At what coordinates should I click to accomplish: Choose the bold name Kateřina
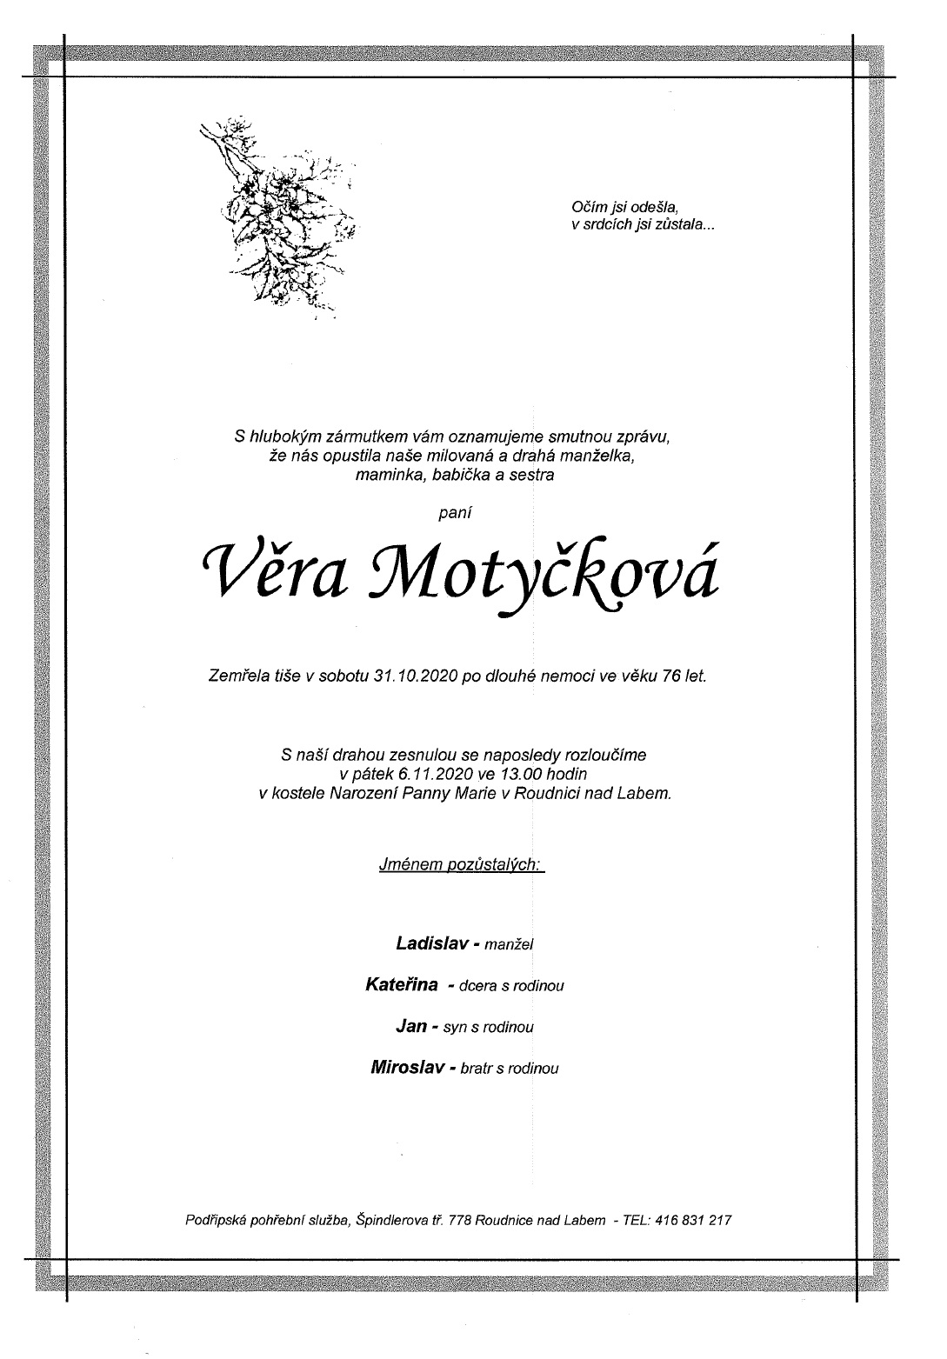tap(401, 985)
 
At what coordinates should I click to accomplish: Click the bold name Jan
tap(410, 1027)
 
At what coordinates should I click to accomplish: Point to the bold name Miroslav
tap(408, 1067)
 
